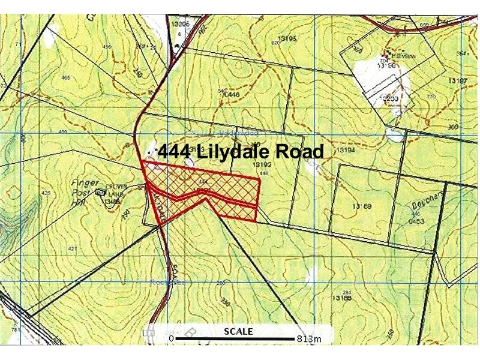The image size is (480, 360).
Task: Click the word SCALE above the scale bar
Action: [x=238, y=331]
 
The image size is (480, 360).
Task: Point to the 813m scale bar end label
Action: [x=309, y=340]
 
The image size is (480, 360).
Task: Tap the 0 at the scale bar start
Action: [x=171, y=340]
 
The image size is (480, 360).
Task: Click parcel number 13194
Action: [x=348, y=149]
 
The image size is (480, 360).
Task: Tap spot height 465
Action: [x=65, y=78]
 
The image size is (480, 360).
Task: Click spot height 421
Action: [x=73, y=248]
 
